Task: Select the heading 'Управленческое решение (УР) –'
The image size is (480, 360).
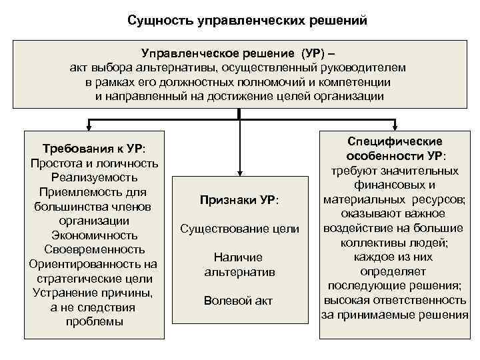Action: [x=237, y=53]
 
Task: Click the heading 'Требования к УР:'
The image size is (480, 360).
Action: [x=94, y=149]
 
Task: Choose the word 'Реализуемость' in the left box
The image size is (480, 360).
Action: [x=94, y=178]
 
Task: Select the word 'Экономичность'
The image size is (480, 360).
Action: [x=94, y=235]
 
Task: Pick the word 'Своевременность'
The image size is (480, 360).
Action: [x=94, y=250]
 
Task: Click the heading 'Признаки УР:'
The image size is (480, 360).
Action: [x=239, y=200]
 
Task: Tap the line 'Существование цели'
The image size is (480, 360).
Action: [x=239, y=229]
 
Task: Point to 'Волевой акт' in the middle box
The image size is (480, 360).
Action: [x=239, y=301]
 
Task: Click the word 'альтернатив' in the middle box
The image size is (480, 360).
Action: [x=239, y=272]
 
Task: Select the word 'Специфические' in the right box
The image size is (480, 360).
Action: [x=395, y=141]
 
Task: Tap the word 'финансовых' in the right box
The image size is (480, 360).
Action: [x=395, y=185]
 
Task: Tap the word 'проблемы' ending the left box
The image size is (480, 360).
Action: [x=94, y=322]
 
